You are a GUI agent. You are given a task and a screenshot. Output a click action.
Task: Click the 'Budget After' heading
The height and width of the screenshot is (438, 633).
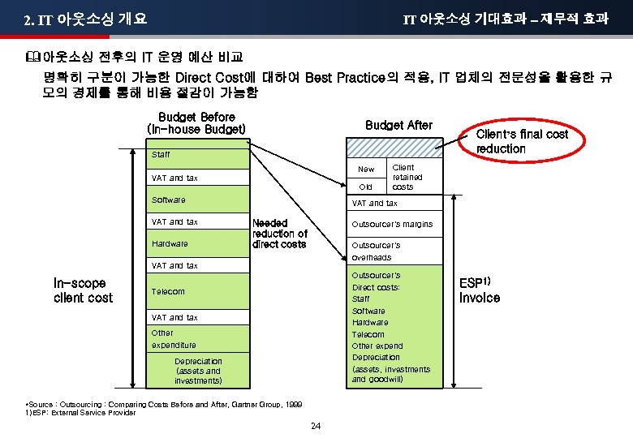[x=398, y=125]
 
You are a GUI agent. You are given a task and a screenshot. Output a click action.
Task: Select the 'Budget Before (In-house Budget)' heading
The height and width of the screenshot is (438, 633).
[x=196, y=123]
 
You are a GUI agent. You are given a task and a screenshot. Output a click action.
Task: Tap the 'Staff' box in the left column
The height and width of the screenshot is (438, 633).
[x=161, y=154]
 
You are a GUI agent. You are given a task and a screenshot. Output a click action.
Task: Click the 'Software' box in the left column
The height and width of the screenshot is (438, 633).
[x=169, y=200]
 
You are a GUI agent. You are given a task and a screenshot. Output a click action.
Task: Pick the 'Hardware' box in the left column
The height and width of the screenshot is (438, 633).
[x=170, y=243]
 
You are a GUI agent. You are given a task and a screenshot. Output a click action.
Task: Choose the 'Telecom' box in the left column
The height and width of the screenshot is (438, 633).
[x=169, y=291]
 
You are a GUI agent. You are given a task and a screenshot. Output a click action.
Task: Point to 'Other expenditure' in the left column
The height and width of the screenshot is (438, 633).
[x=174, y=338]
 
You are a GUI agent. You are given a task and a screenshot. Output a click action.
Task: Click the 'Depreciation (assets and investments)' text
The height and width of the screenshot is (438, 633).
[x=198, y=371]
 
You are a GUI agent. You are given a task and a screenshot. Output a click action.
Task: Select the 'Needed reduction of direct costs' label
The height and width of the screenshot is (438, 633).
[x=280, y=234]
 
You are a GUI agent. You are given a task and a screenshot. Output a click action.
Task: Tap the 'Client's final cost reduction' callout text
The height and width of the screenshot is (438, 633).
[x=522, y=141]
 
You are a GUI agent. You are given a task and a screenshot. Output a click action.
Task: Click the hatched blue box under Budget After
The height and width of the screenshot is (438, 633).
[x=394, y=146]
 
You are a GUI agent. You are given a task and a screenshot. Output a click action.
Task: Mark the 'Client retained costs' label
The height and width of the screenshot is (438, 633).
[x=403, y=177]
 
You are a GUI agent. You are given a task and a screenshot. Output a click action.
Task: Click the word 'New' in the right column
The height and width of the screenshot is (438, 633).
[x=366, y=170]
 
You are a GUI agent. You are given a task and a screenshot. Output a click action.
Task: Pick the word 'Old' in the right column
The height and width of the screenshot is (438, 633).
[x=366, y=187]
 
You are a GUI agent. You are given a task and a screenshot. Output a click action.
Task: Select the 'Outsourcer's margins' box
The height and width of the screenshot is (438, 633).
[x=392, y=224]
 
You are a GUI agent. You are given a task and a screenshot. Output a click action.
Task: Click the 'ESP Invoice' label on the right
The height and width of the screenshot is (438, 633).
[x=480, y=290]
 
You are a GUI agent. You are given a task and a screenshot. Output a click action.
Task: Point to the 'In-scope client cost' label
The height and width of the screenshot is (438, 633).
[x=83, y=290]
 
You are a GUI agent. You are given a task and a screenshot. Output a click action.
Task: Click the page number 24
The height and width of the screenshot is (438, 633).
[x=316, y=426]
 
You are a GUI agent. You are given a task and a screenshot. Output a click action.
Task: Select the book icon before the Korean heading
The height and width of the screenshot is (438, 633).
[x=32, y=58]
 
